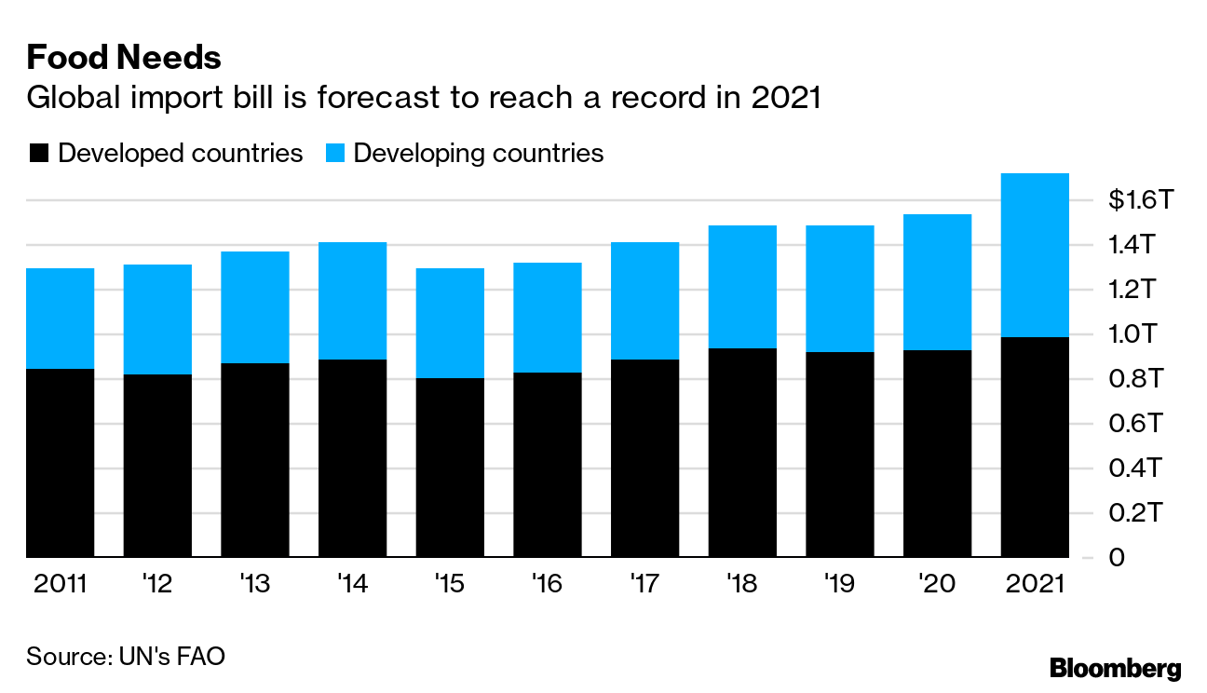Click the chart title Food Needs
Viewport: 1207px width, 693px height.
(124, 59)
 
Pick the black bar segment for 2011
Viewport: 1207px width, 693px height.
(61, 463)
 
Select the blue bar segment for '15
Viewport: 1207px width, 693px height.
(450, 323)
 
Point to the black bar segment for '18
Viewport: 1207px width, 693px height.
(742, 453)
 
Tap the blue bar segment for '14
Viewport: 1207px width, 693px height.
(352, 301)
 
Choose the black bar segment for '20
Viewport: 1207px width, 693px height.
(938, 454)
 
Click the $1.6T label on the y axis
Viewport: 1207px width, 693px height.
(1131, 200)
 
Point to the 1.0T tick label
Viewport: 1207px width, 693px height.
(1131, 334)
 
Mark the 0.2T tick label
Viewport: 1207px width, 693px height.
(1131, 513)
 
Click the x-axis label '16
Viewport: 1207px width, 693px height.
(547, 585)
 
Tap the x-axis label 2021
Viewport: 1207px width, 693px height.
(1035, 585)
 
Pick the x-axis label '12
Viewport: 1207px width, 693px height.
(156, 585)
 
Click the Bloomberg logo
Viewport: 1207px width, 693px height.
(1115, 668)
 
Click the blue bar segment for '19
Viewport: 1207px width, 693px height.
(840, 289)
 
